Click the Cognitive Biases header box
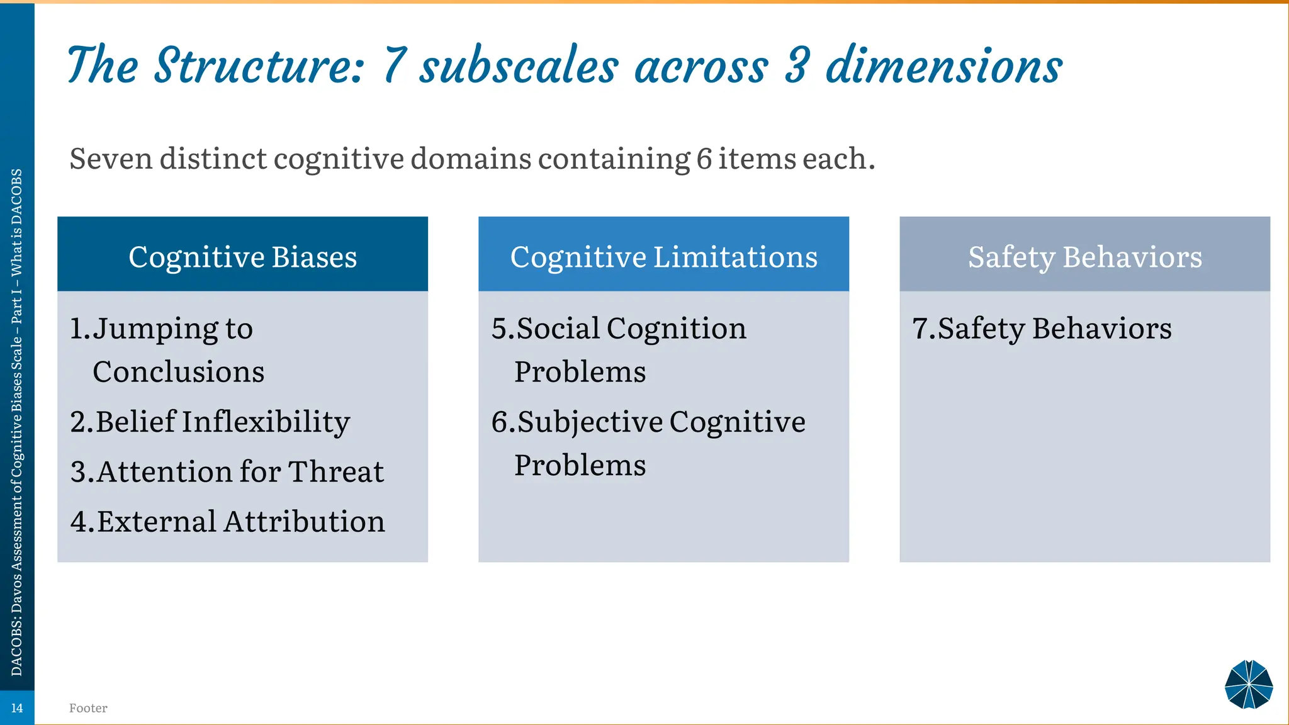[x=242, y=255]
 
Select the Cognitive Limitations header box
[x=663, y=255]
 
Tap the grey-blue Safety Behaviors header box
[x=1084, y=255]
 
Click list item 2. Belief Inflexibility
[x=210, y=422]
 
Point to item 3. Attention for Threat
[x=227, y=472]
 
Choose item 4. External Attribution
[x=228, y=522]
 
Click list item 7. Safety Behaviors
[x=1042, y=329]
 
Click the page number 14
[x=17, y=708]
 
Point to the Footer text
[x=88, y=708]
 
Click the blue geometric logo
[x=1249, y=685]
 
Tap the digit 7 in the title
[x=395, y=65]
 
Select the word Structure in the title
[x=259, y=65]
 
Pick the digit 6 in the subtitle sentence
[x=704, y=159]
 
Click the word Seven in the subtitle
[x=111, y=159]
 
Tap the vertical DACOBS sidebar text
[x=17, y=422]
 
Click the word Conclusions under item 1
[x=178, y=372]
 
